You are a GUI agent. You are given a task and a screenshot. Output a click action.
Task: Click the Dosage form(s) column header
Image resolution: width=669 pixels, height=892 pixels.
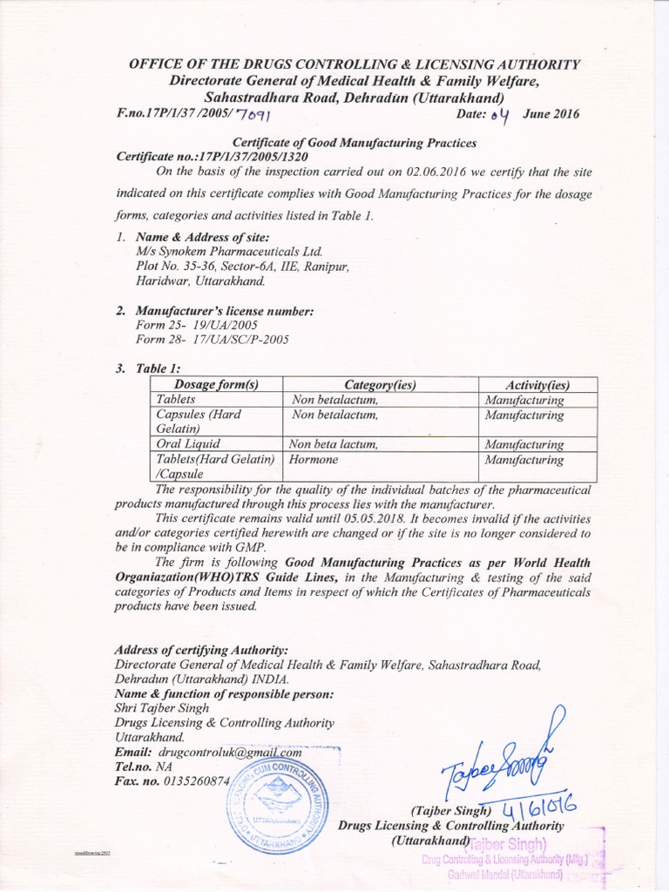(217, 384)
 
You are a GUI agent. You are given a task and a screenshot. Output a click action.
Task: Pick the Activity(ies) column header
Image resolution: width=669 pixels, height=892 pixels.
(537, 385)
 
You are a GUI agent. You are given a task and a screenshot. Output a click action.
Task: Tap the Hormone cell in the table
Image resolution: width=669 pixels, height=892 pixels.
(315, 459)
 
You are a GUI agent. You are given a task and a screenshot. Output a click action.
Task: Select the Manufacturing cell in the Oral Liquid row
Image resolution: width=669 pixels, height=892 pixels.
(524, 444)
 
